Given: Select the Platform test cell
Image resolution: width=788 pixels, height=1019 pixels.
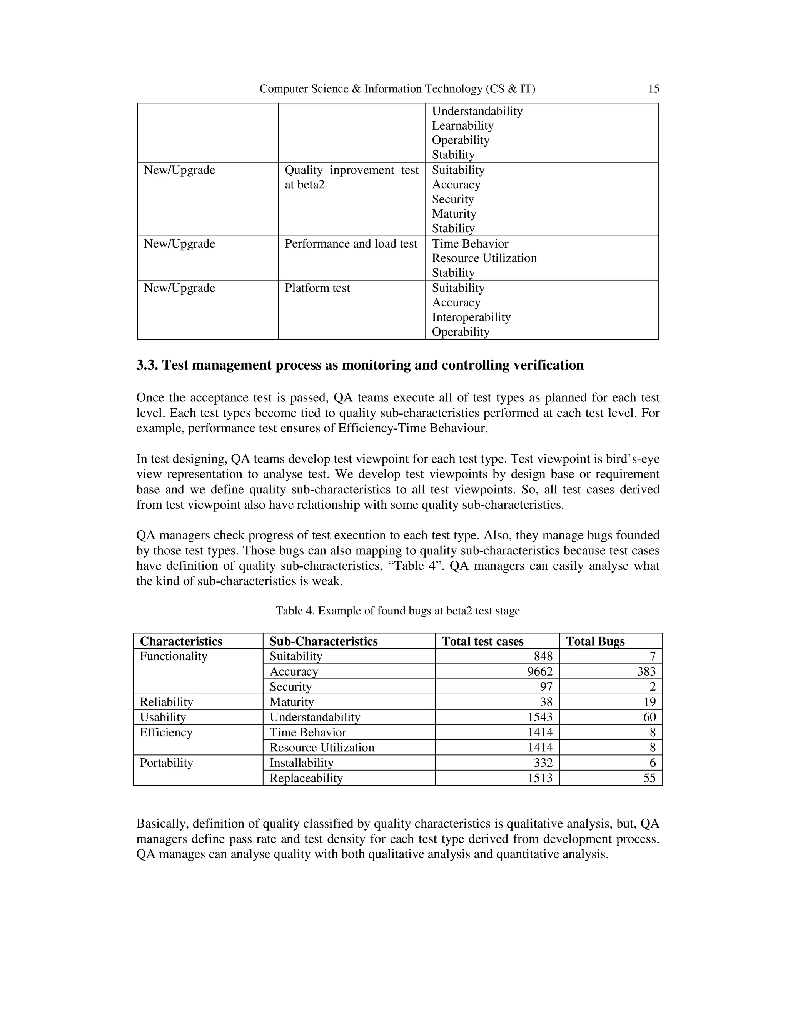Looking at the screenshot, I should pyautogui.click(x=317, y=288).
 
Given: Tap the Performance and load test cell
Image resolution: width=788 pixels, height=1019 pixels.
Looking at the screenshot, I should pyautogui.click(x=351, y=244).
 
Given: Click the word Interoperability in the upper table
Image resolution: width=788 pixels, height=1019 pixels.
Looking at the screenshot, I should pyautogui.click(x=471, y=317).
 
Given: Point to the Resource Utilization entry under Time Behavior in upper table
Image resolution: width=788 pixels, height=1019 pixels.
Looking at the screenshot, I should pyautogui.click(x=484, y=258).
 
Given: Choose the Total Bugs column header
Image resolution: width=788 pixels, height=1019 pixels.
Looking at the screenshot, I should pyautogui.click(x=595, y=641).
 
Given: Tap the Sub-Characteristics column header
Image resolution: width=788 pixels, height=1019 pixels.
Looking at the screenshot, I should pyautogui.click(x=323, y=641).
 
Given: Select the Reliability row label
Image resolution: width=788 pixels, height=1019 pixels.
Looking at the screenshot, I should pyautogui.click(x=166, y=702).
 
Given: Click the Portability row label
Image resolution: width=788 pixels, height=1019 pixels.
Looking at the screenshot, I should pyautogui.click(x=166, y=763).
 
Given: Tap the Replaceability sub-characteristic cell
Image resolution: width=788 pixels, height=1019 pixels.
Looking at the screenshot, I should pyautogui.click(x=306, y=778).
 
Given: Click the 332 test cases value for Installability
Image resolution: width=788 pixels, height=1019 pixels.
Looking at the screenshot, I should pyautogui.click(x=543, y=763).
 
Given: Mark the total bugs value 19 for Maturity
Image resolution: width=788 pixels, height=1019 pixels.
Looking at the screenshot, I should pyautogui.click(x=649, y=702).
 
